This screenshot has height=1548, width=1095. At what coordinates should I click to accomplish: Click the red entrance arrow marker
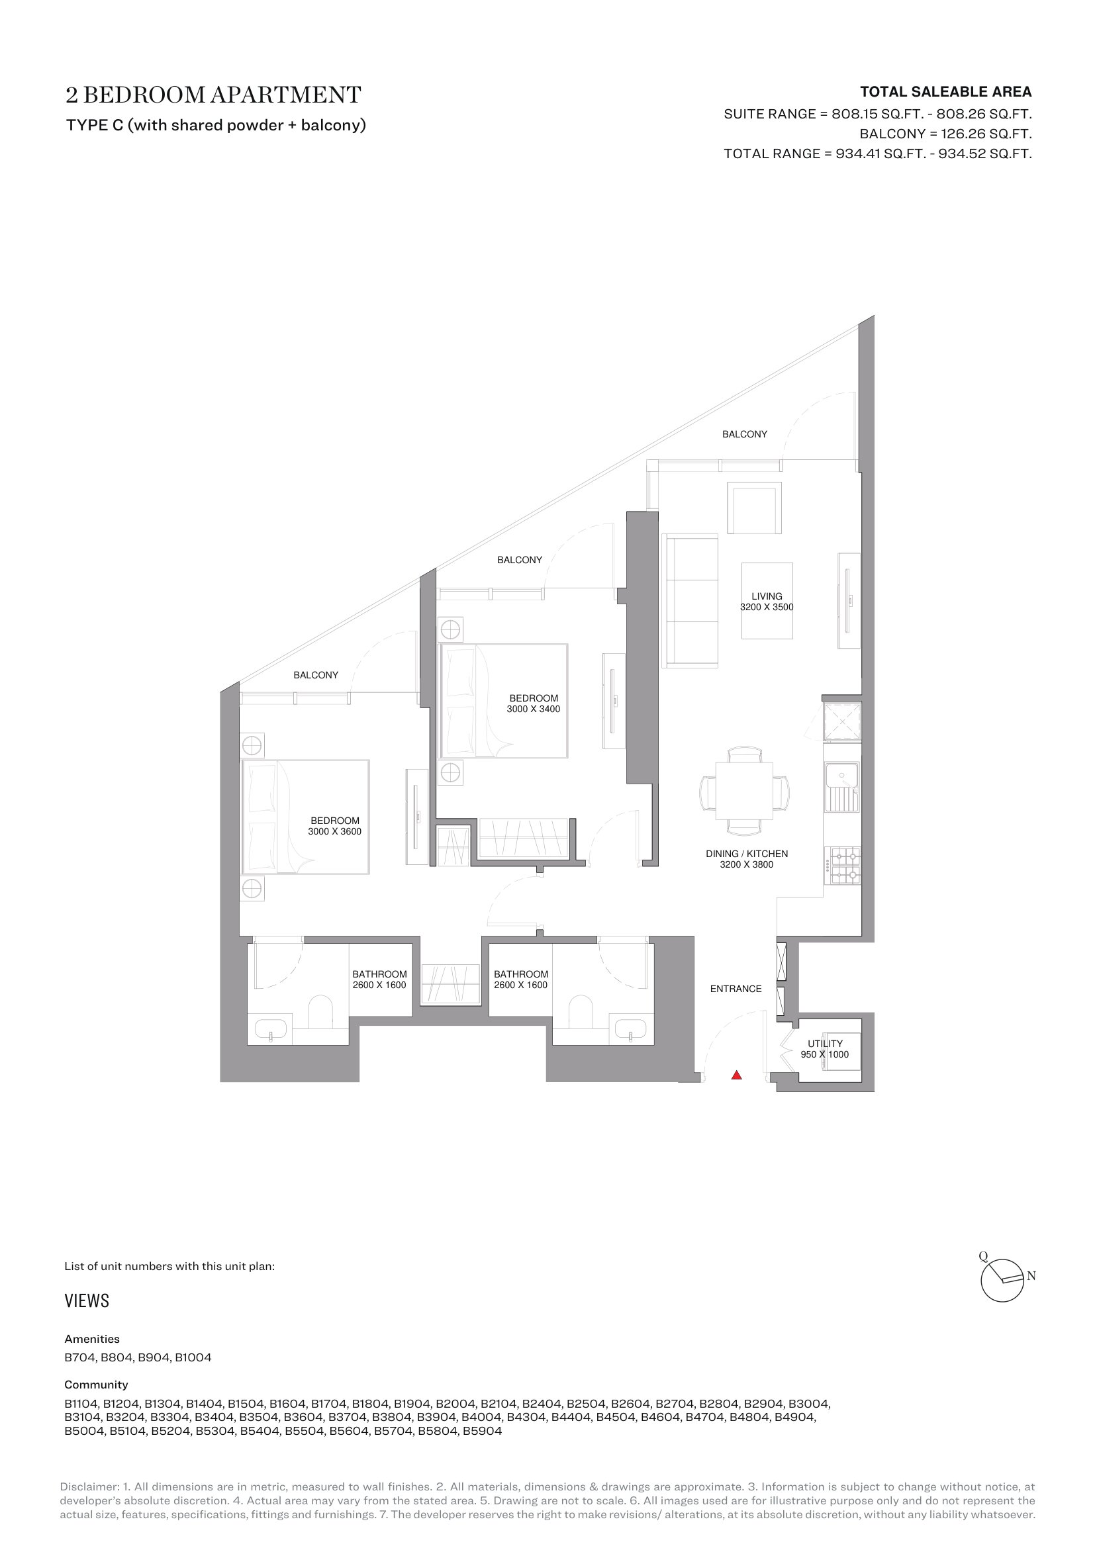(736, 1075)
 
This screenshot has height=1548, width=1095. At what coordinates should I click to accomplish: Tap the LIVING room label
(767, 596)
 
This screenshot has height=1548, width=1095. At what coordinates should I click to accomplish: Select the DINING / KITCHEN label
(746, 854)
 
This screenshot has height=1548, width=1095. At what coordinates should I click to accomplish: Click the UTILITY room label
(826, 1044)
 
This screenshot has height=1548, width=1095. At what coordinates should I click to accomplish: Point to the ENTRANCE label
(736, 988)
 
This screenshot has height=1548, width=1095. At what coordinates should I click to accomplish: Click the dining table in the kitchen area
(744, 790)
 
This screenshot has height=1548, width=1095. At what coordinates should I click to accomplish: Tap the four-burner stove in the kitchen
(842, 866)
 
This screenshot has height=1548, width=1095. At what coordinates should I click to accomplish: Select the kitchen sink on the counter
(841, 787)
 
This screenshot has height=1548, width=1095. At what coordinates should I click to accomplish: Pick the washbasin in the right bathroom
(630, 1030)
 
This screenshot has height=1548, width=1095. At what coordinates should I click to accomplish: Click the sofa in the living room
(690, 601)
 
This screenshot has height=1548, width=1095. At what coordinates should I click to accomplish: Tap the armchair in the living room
(755, 508)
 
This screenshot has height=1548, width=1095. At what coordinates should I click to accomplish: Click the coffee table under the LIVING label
(767, 601)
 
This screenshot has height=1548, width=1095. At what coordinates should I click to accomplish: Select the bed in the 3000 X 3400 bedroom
(504, 700)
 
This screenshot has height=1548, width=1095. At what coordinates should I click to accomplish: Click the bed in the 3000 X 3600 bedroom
(305, 817)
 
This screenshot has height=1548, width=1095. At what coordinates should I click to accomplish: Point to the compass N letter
(1031, 1275)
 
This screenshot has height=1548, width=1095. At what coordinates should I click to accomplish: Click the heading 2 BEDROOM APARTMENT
(213, 95)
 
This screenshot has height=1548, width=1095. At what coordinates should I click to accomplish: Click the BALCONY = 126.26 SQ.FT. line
(945, 134)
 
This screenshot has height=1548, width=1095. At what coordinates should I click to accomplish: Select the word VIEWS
(87, 1300)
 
